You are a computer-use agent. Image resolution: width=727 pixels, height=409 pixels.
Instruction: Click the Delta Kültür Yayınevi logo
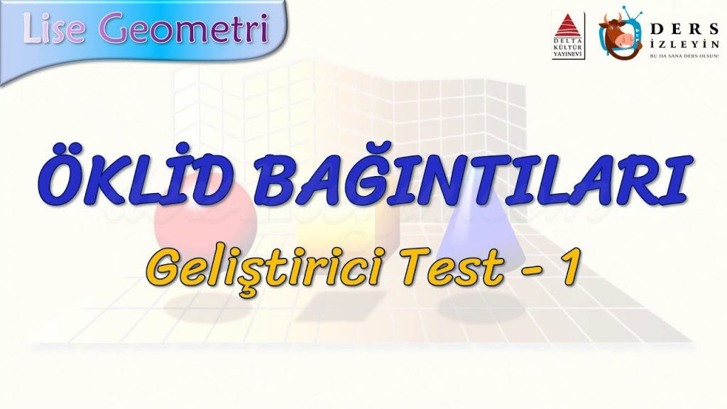click(568, 36)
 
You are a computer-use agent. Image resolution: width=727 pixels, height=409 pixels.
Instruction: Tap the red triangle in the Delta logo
click(568, 25)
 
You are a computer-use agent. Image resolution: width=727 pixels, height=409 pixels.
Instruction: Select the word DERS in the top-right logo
click(684, 28)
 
